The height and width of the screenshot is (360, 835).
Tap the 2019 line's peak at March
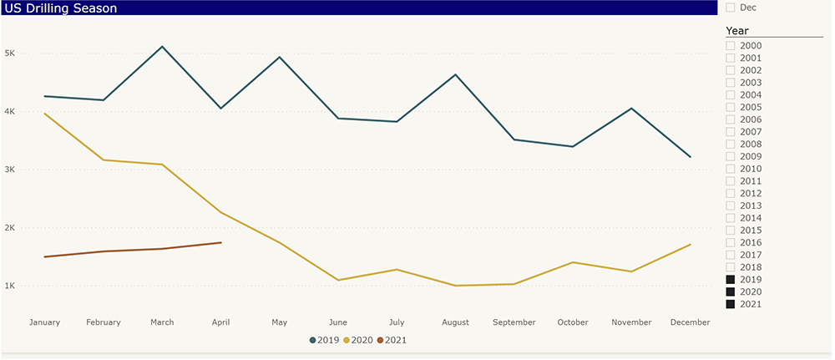162,46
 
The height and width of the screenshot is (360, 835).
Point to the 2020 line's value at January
44,114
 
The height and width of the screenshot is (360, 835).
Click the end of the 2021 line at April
220,242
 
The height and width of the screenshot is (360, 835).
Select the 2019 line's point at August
455,74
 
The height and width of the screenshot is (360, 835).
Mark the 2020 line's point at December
691,245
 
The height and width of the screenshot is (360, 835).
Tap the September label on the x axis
514,322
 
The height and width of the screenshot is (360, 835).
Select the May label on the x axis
279,322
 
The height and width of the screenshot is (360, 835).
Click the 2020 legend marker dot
347,340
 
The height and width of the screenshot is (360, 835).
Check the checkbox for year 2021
731,304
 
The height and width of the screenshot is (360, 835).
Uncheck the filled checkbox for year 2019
731,280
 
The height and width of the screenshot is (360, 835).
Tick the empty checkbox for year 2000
731,46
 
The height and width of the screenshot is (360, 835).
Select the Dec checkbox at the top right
731,8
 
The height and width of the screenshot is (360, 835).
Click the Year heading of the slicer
737,31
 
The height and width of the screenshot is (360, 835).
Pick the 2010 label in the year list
751,169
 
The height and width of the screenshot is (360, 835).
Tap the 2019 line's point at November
632,109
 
